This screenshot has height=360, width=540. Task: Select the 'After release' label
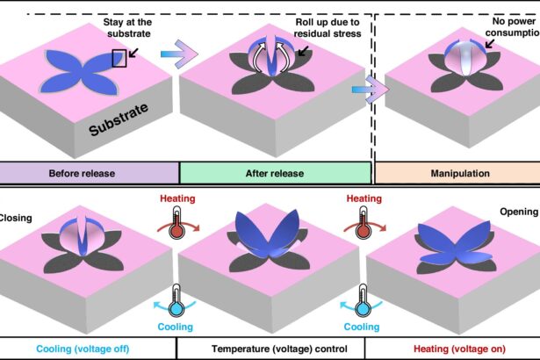tap(275, 173)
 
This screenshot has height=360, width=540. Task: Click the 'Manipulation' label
tap(460, 173)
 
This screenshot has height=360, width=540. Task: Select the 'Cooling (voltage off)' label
tap(84, 349)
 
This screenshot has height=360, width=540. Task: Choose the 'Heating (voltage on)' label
tap(453, 349)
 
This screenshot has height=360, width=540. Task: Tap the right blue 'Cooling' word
tap(361, 327)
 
